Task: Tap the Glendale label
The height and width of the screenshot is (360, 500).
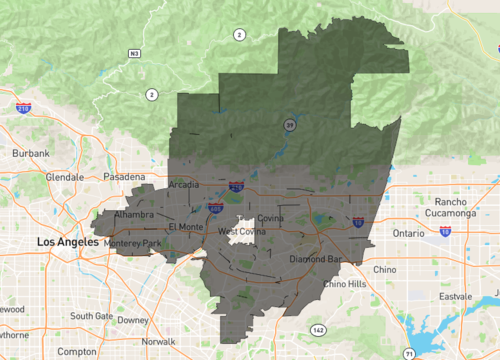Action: click(x=65, y=177)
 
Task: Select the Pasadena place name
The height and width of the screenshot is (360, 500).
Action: click(x=123, y=176)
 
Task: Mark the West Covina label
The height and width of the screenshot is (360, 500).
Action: click(x=242, y=232)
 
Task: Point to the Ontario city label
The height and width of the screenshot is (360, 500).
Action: click(x=408, y=232)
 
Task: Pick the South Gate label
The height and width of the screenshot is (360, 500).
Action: click(x=92, y=316)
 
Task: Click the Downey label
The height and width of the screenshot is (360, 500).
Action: click(x=132, y=320)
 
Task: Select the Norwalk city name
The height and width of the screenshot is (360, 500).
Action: click(x=158, y=342)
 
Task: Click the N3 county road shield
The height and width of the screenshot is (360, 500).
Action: click(x=134, y=52)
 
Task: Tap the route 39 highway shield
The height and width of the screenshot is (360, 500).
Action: click(x=289, y=124)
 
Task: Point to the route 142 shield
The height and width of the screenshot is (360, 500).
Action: click(x=318, y=329)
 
